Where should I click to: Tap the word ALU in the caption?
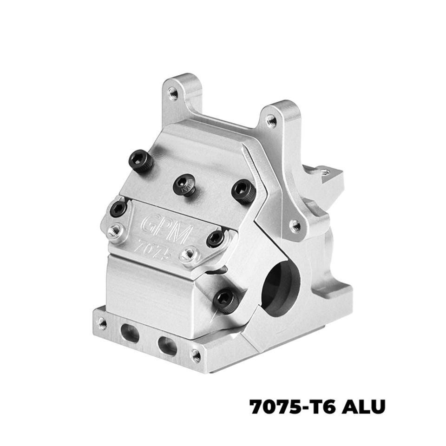point(363,407)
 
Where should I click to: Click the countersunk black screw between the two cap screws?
point(184,185)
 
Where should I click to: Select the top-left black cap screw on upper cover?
point(140,161)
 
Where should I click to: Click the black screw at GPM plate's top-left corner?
point(118,209)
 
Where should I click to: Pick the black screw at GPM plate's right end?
point(215,239)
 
